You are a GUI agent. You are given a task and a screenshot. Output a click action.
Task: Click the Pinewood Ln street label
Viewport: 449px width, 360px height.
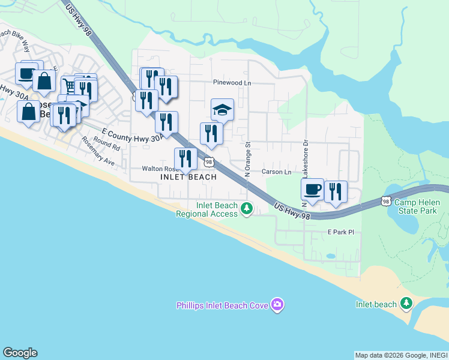[x=231, y=83]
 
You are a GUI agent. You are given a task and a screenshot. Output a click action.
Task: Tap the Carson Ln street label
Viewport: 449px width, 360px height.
[x=276, y=172]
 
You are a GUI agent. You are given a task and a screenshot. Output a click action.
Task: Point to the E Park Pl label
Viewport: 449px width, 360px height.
[x=342, y=232]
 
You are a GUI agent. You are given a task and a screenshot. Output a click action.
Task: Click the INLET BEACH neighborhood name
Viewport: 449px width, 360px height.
[x=188, y=178]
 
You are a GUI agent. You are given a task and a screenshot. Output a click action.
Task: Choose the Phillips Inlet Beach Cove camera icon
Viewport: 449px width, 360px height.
[x=277, y=305]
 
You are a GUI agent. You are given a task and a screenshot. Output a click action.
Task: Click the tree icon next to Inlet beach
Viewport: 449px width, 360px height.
[x=407, y=304]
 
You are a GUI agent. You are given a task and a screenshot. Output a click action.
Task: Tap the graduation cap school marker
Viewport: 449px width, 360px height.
[x=221, y=110]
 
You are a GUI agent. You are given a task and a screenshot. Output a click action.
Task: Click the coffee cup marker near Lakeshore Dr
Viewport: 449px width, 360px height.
[x=312, y=190]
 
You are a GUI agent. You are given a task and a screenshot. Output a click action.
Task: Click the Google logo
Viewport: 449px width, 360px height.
[x=20, y=353]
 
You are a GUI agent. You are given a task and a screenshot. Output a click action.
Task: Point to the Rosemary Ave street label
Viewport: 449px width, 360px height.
[x=98, y=153]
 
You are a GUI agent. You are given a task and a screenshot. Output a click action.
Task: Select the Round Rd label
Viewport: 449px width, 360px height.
[x=107, y=144]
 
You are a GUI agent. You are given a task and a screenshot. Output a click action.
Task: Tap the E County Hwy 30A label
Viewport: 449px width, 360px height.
[x=133, y=136]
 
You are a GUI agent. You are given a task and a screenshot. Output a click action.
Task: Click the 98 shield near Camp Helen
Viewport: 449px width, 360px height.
[x=387, y=202]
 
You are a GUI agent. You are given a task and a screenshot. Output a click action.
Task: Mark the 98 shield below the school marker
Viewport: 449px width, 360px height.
[x=208, y=162]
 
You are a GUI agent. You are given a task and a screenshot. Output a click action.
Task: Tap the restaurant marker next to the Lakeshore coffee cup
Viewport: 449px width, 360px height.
[x=336, y=192]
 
